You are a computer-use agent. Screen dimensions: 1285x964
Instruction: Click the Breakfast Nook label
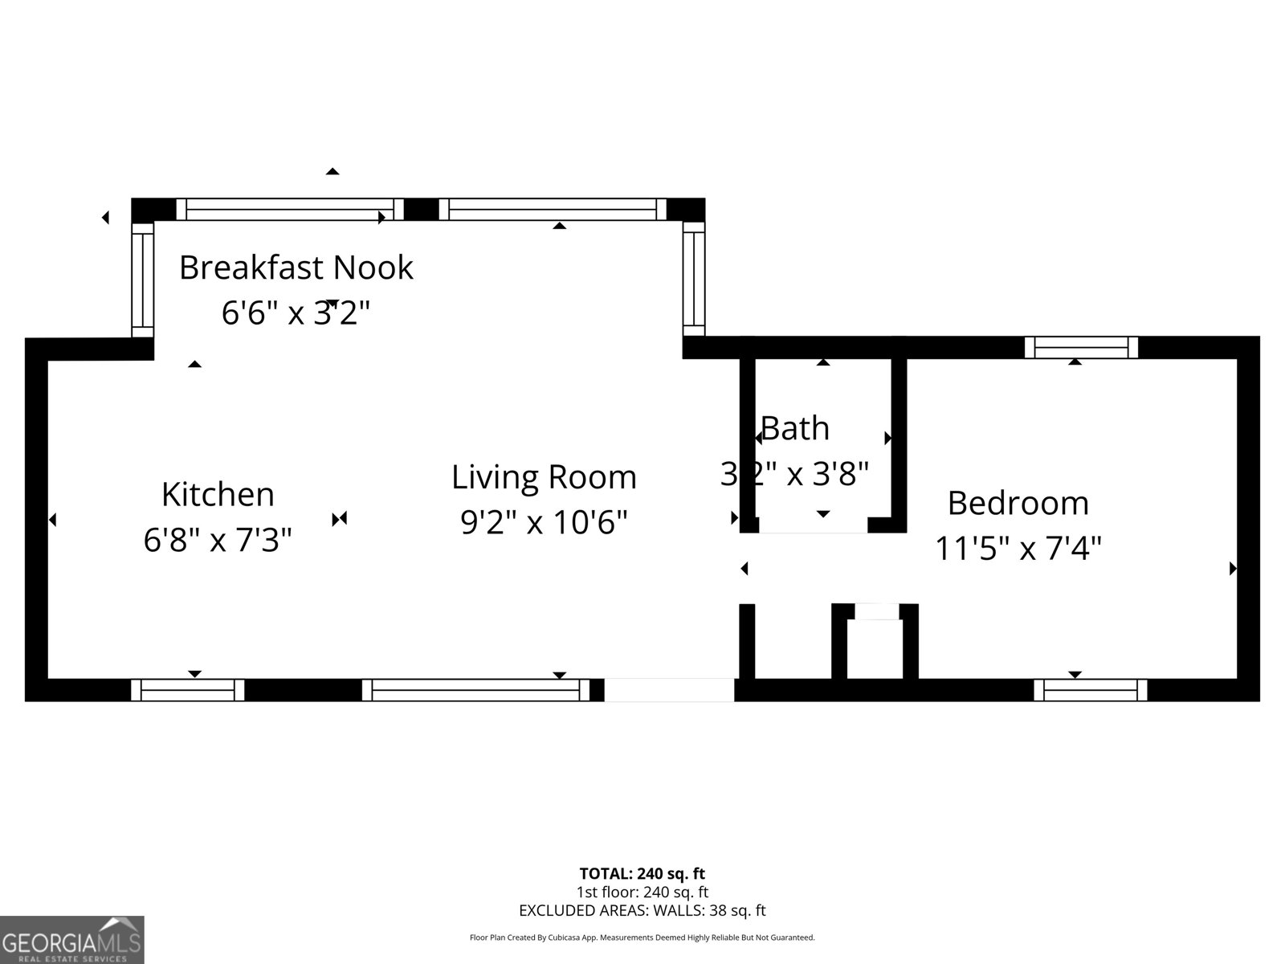point(296,268)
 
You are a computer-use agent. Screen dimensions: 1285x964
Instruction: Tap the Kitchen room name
point(218,495)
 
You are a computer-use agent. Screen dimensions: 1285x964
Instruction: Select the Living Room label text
point(544,478)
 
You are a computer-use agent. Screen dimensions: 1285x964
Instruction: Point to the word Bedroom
point(1018,504)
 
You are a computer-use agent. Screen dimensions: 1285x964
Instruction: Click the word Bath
point(795,428)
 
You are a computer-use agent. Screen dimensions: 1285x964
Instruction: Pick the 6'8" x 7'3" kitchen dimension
point(218,540)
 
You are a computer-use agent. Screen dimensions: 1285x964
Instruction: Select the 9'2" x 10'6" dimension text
point(544,522)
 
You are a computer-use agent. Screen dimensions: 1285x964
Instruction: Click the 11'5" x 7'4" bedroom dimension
point(1018,549)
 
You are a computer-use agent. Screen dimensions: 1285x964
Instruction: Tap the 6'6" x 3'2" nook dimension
point(296,312)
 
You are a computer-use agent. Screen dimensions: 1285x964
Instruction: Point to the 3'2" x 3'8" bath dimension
point(794,474)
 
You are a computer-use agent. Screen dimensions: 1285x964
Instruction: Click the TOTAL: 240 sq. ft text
point(642,874)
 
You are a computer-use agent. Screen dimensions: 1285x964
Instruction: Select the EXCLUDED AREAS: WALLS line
point(642,911)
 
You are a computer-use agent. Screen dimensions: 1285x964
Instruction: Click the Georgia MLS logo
point(72,940)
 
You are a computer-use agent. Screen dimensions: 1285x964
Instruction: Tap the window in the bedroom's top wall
point(1081,348)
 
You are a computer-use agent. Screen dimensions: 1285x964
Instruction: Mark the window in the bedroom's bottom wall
point(1090,690)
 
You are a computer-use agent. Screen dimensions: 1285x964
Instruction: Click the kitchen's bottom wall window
point(187,690)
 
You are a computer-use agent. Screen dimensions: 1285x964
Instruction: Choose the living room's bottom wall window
point(475,690)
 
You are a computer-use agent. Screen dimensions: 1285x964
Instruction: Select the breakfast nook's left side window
point(143,280)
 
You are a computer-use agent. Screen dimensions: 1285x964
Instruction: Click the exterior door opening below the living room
point(669,690)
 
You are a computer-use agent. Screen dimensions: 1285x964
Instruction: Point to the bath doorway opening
point(813,525)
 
